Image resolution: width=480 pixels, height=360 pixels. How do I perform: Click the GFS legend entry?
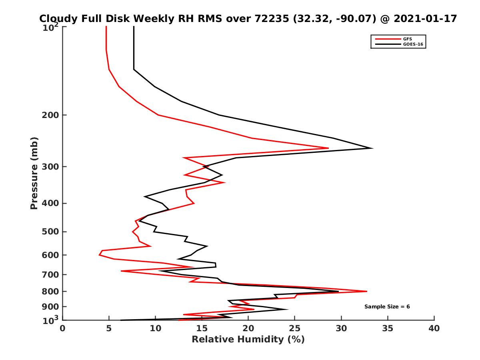tap(408, 39)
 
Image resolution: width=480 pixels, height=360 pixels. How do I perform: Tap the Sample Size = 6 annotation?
tap(387, 307)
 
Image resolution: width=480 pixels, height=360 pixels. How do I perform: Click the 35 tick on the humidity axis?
tap(388, 328)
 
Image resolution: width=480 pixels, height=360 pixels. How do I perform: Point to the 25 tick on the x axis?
tap(295, 328)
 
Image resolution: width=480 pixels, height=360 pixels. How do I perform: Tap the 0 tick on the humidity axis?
tap(63, 328)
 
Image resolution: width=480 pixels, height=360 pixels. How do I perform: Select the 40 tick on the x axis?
tap(434, 328)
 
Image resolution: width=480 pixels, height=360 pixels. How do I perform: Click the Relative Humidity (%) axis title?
tap(248, 340)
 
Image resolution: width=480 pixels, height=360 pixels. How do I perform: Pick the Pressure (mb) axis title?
tap(34, 173)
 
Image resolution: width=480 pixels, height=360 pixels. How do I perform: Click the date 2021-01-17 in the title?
tap(425, 18)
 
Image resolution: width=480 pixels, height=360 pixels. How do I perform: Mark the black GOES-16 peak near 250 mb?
tap(372, 148)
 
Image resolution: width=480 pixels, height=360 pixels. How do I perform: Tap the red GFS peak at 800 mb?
tap(366, 291)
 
